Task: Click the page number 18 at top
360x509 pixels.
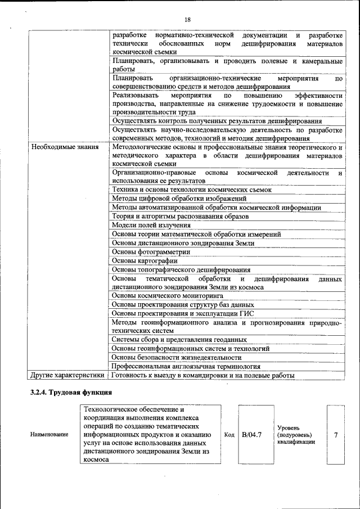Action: (x=187, y=20)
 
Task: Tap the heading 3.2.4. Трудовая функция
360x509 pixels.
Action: (x=71, y=392)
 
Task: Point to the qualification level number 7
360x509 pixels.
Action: (x=336, y=434)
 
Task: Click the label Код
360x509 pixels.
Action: (x=229, y=435)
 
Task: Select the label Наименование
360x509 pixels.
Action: (x=49, y=435)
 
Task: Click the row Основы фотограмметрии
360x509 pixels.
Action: (x=151, y=252)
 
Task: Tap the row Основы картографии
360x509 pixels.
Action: (x=145, y=260)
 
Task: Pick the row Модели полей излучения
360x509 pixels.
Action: (x=151, y=226)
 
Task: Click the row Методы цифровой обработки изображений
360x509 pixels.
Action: (x=179, y=199)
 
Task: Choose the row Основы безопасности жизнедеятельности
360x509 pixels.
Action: (x=177, y=357)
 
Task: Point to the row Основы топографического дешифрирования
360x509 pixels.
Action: (x=181, y=269)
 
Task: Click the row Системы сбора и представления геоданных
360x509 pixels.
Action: (x=179, y=340)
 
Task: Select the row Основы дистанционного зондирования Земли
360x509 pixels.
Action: (x=183, y=243)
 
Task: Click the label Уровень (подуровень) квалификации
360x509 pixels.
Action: (x=295, y=435)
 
